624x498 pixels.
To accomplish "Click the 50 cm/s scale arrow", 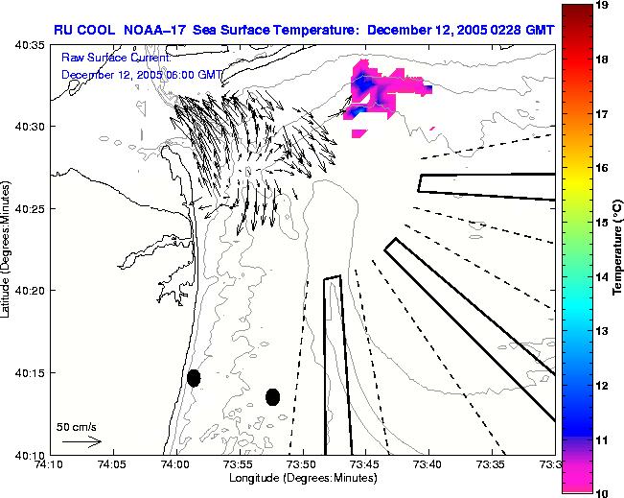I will (82, 442).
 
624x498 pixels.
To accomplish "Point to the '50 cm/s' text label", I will (75, 426).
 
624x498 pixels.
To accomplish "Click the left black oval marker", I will (194, 378).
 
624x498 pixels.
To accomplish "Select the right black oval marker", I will (272, 396).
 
